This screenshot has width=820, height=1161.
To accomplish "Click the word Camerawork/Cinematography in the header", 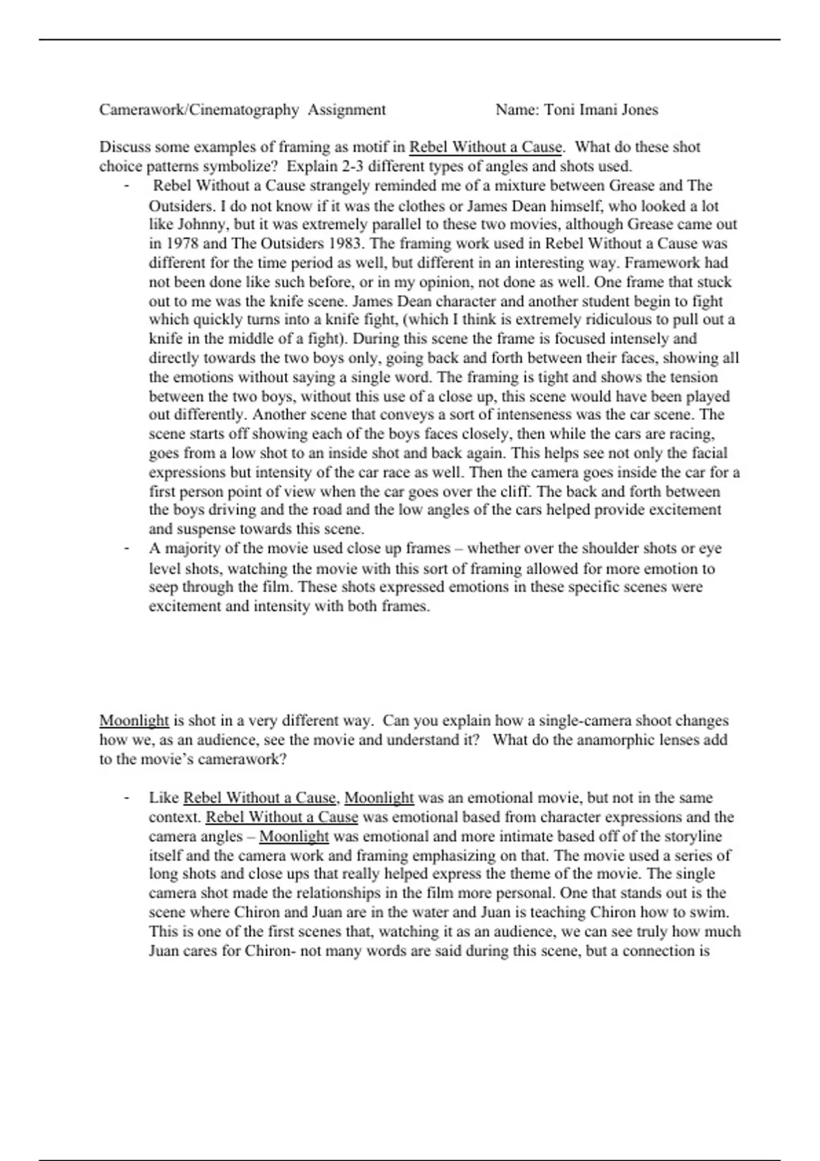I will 199,110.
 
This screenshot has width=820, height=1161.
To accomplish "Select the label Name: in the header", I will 517,110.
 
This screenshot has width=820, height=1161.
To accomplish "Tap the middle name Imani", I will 596,110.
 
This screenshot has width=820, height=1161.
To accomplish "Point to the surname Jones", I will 640,110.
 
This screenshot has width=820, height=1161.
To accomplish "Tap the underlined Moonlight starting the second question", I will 134,721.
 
